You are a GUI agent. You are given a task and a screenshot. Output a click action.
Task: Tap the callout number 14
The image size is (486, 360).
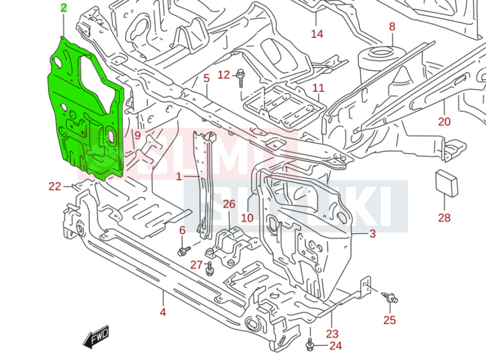(x=317, y=34)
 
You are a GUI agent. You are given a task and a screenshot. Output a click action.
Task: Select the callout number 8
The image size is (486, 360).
(x=392, y=27)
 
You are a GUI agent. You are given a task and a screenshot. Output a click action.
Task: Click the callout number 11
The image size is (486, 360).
(x=318, y=88)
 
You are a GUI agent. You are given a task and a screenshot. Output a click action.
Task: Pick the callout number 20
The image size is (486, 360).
(x=444, y=122)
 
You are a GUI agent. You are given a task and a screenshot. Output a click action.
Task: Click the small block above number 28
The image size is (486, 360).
(x=446, y=183)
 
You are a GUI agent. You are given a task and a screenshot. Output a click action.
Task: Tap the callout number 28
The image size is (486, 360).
(x=444, y=218)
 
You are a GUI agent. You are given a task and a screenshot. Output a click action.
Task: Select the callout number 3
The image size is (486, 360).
(x=373, y=233)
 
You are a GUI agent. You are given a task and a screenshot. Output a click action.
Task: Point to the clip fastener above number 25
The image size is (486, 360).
(x=390, y=298)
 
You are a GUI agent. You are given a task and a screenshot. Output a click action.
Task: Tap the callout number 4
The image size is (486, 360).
(x=163, y=313)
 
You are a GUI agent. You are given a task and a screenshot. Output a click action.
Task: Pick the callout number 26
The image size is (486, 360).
(x=229, y=204)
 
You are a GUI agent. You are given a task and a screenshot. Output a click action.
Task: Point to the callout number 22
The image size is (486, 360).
(x=55, y=186)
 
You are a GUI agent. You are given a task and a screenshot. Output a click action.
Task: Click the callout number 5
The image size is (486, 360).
(x=206, y=79)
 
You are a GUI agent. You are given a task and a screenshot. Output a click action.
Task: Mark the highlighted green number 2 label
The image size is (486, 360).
(x=64, y=8)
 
